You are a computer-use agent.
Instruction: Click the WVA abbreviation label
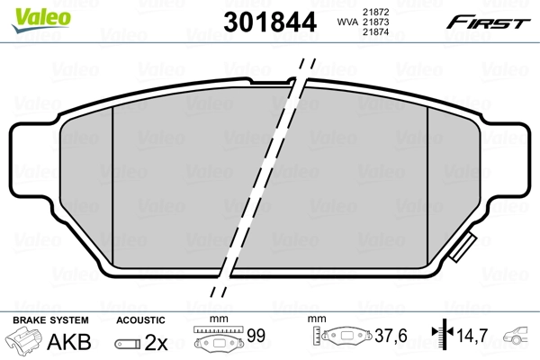346,21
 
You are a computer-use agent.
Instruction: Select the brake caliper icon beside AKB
26,342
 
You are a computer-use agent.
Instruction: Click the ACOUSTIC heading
140,320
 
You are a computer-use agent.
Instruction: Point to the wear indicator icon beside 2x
130,343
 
